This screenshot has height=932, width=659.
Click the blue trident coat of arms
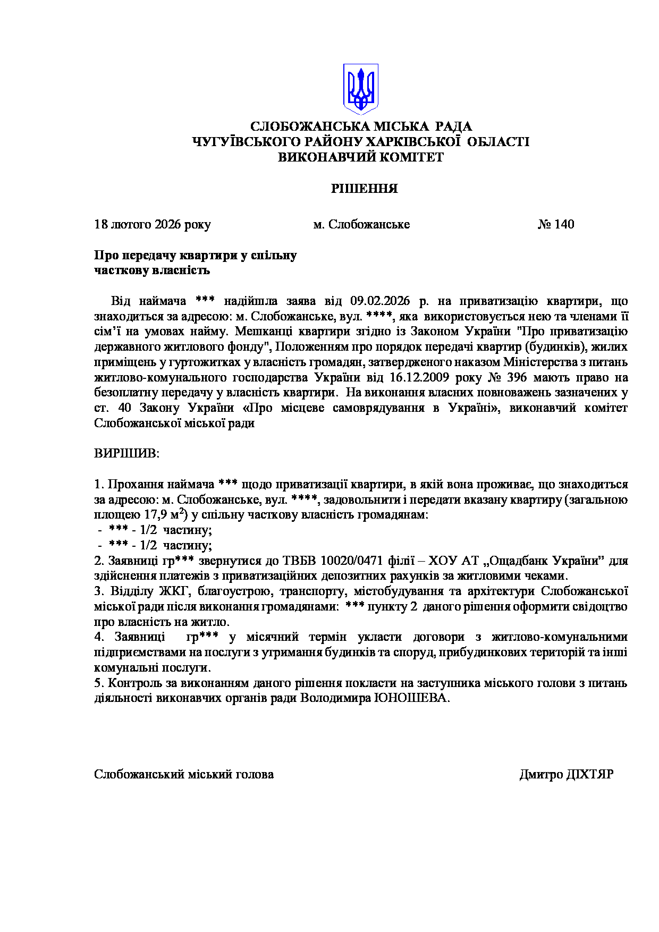(360, 89)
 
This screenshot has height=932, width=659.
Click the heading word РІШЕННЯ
(364, 189)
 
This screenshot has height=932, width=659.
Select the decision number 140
(564, 224)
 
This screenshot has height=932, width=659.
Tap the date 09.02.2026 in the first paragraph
(380, 301)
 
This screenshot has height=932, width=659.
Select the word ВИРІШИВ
(126, 454)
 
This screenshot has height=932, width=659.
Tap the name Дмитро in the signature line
(541, 774)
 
